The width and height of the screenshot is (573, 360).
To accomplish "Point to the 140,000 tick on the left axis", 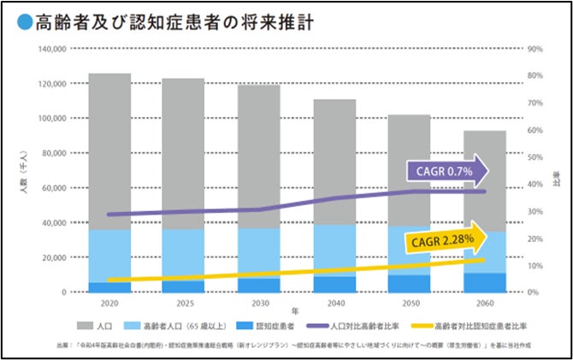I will (53, 49).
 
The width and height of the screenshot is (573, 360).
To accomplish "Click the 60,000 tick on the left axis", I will (55, 188).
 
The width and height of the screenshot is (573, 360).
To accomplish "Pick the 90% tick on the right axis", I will (537, 49).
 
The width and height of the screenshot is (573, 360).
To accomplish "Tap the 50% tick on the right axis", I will (537, 157).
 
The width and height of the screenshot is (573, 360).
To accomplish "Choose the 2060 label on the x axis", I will (484, 304).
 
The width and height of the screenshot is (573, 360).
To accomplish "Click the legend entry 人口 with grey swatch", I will (97, 326).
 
